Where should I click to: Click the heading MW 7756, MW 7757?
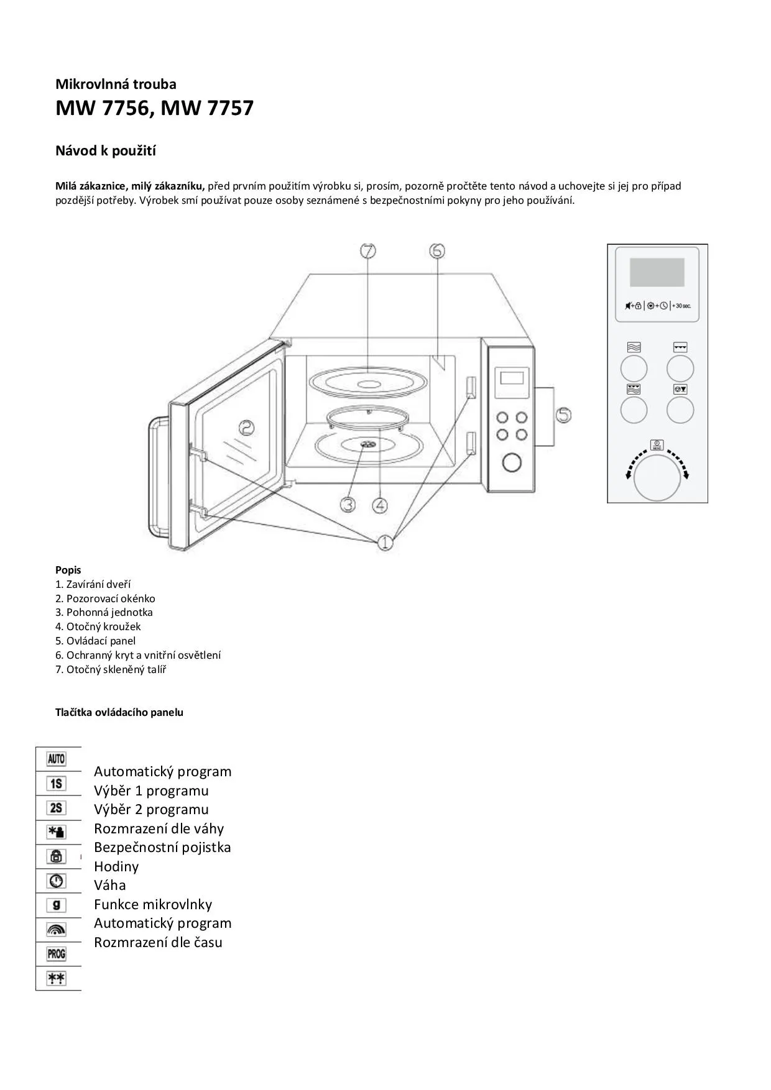[x=154, y=108]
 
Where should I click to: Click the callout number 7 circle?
[x=368, y=251]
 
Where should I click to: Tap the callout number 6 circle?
[x=437, y=250]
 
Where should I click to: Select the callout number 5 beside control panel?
[x=563, y=414]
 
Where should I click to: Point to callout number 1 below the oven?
[x=385, y=542]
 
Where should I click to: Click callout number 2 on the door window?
[x=246, y=428]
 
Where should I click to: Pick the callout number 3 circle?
[x=348, y=505]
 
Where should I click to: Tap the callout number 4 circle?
[x=380, y=505]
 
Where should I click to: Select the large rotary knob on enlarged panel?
[x=657, y=477]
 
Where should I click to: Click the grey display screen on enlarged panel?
[x=657, y=272]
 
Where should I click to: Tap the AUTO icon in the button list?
[x=56, y=759]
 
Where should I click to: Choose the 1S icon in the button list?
[x=56, y=783]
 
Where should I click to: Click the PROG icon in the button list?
[x=56, y=953]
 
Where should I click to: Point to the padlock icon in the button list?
[x=56, y=856]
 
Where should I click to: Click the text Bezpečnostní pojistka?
[x=162, y=847]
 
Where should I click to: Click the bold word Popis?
[x=68, y=570]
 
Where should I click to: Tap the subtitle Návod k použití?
[x=106, y=151]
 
